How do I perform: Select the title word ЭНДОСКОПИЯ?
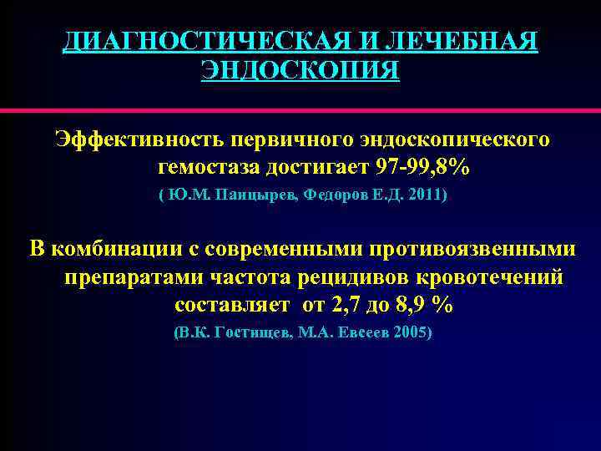[x=300, y=69]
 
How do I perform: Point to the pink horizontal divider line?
[x=300, y=109]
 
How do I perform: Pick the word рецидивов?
[x=353, y=276]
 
